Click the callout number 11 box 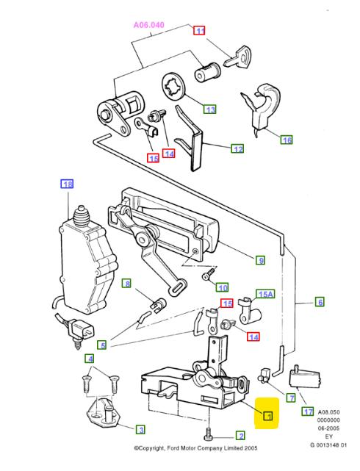[x=199, y=31]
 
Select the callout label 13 [x=211, y=109]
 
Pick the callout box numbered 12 [x=237, y=148]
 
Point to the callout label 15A [x=264, y=294]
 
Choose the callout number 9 [x=260, y=259]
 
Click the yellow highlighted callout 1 [x=268, y=417]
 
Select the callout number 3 [x=138, y=429]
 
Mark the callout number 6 [x=320, y=301]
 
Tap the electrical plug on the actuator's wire [x=81, y=332]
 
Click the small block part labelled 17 [x=301, y=377]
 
